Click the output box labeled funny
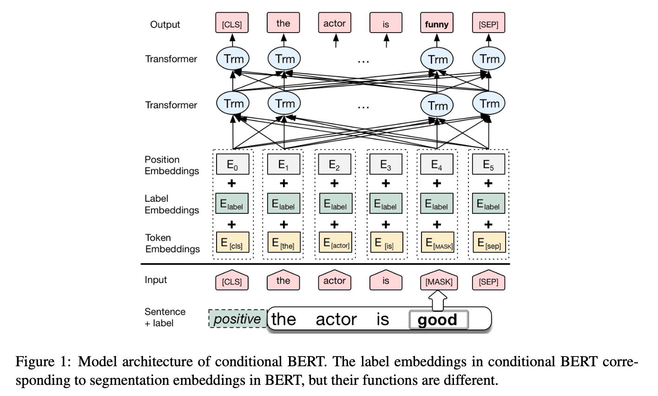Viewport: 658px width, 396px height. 436,23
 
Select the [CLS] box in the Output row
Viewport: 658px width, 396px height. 232,23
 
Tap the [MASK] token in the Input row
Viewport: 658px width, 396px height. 439,281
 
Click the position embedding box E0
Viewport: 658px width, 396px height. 232,164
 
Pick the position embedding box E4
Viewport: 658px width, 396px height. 437,164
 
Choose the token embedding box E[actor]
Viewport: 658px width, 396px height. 336,242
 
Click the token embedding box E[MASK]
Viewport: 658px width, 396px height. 438,242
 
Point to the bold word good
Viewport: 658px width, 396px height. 437,320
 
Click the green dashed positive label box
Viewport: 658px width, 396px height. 237,318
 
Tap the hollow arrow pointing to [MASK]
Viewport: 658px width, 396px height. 438,301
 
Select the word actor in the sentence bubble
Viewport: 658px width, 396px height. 336,319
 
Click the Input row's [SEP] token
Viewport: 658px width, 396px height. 488,281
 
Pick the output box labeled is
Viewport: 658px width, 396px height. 386,23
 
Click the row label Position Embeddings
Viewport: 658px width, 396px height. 172,165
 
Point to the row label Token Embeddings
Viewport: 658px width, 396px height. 172,243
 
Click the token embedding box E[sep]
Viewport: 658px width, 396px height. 489,242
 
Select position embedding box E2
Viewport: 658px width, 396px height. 335,164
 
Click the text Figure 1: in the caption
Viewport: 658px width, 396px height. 43,362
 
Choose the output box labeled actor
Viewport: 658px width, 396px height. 335,23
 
